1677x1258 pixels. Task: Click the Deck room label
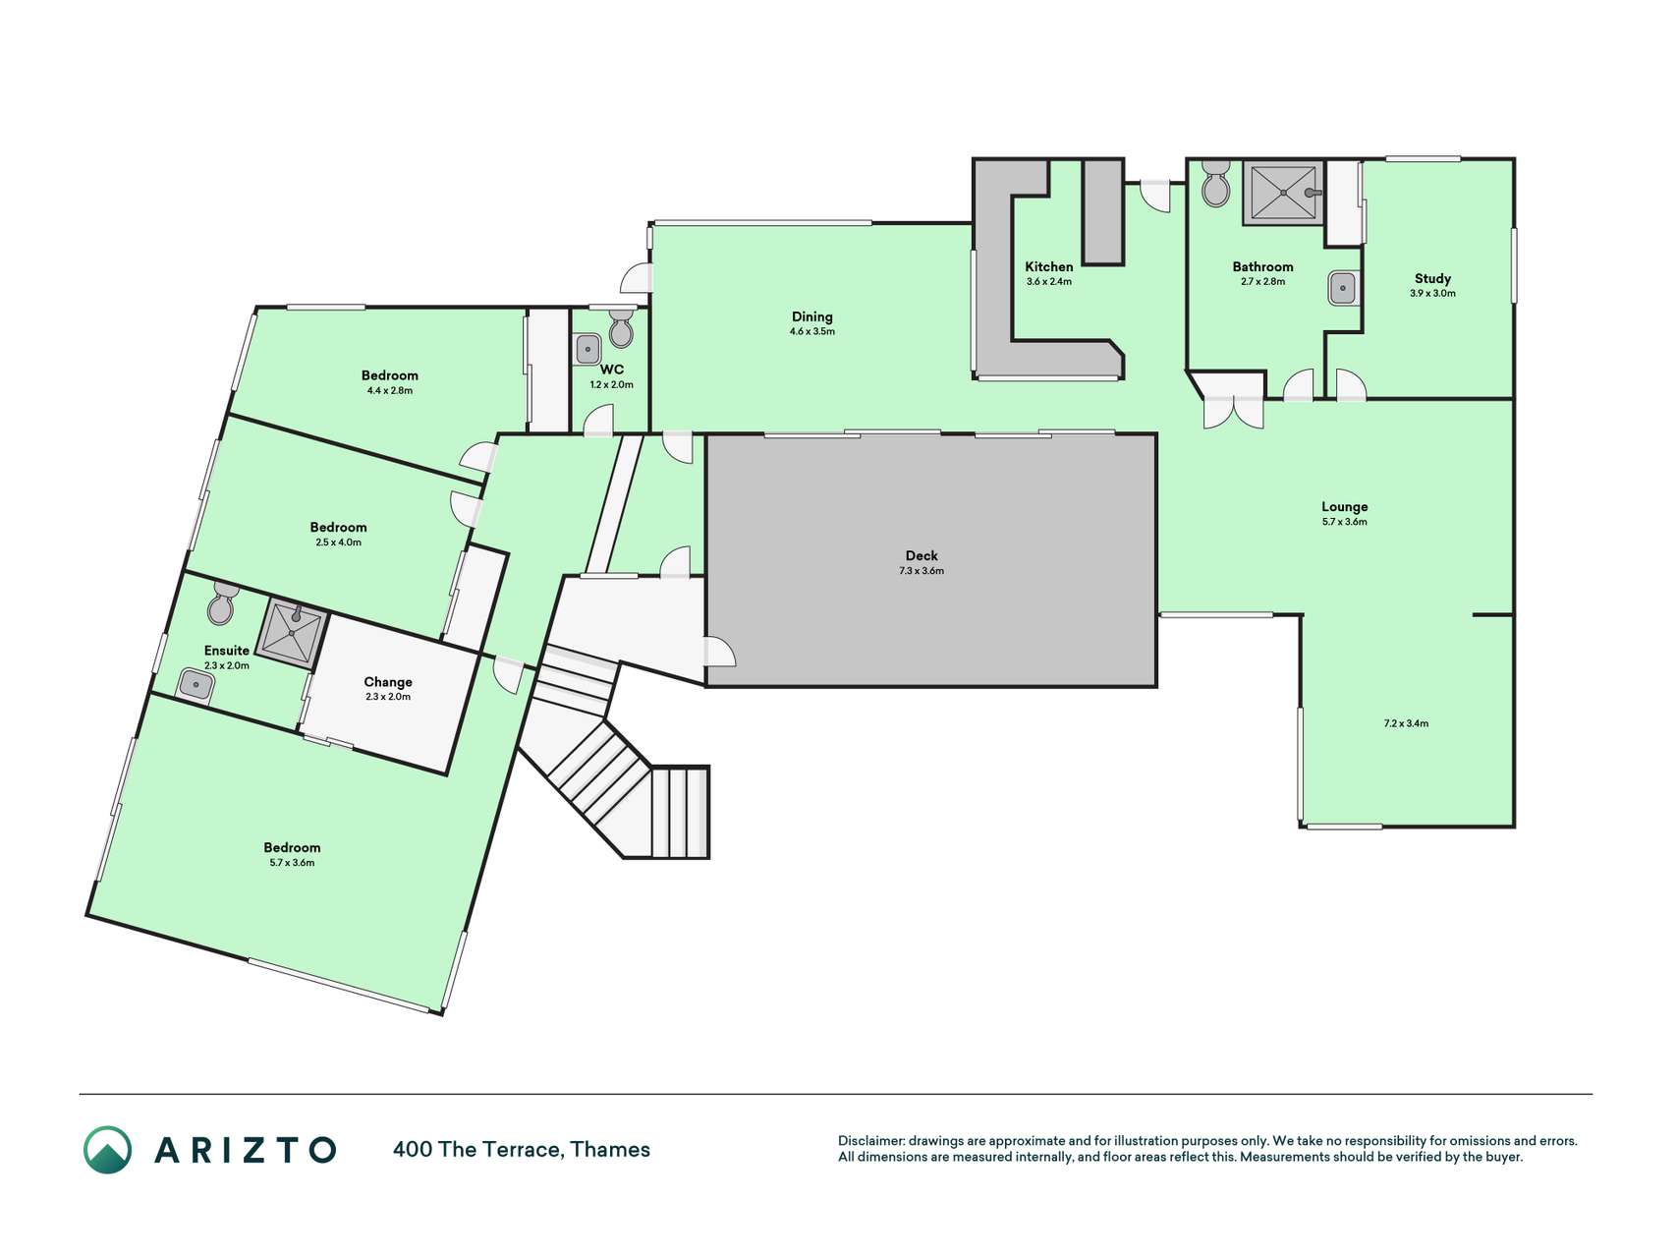pos(922,555)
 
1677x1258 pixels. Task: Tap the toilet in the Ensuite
pos(222,602)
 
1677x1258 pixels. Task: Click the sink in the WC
pos(587,349)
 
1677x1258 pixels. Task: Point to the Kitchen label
pos(1049,266)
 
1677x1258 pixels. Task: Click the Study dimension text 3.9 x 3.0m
pos(1432,293)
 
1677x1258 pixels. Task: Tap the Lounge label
pos(1344,507)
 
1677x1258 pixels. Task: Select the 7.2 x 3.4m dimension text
pos(1406,723)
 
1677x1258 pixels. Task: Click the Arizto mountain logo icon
pos(107,1149)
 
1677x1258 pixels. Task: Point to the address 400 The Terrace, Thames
pos(522,1149)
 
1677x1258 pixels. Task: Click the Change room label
pos(388,682)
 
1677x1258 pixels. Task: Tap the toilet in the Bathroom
pos(1216,183)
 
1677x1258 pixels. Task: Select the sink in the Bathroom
pos(1343,288)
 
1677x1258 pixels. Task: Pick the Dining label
pos(812,316)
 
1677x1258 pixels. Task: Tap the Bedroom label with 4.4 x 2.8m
pos(390,375)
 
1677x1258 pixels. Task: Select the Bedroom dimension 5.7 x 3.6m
pos(292,863)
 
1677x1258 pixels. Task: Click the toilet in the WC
pos(621,329)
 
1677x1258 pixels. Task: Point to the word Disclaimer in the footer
pos(870,1141)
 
